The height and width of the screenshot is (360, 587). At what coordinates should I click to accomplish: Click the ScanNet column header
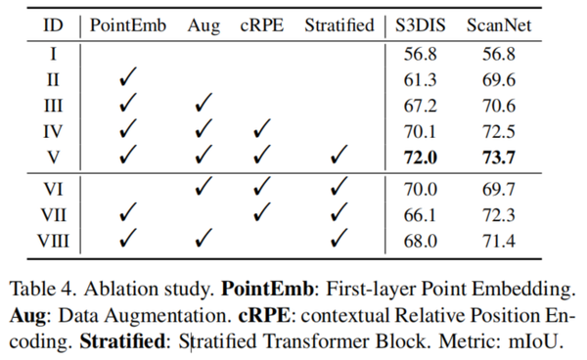coord(501,24)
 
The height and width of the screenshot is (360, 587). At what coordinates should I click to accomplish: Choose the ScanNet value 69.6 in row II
coord(501,77)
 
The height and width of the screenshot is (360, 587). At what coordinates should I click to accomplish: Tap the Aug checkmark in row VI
coord(203,186)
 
